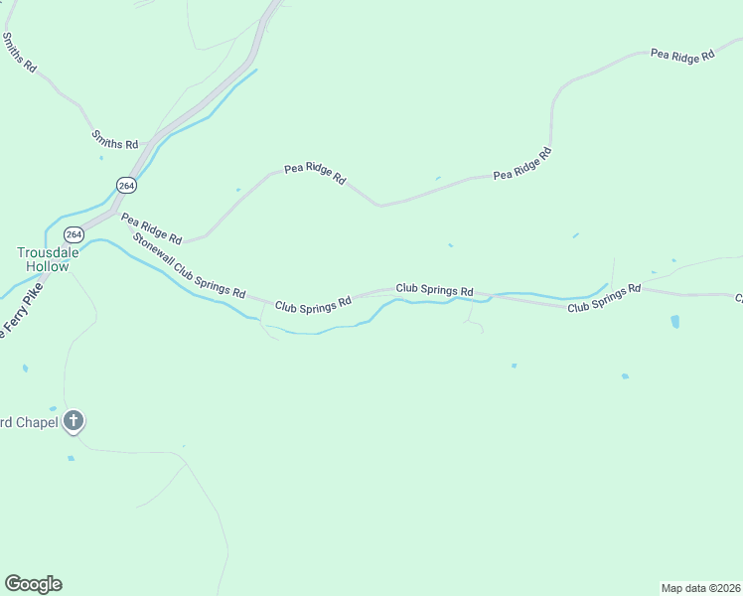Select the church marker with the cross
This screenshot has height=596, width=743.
[x=73, y=420]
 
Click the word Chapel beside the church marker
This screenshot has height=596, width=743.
[x=37, y=421]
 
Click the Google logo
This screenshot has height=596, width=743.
[x=33, y=584]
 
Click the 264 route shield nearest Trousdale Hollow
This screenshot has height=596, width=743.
[x=74, y=234]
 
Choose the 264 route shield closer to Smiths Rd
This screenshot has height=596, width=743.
[x=125, y=186]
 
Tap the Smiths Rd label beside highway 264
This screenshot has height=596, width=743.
[x=114, y=140]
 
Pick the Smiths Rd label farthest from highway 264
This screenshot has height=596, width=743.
[x=19, y=52]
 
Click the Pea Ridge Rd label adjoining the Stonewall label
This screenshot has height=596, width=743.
[x=151, y=228]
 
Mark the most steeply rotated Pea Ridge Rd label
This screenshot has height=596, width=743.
[x=522, y=164]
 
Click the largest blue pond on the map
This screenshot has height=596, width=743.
[x=675, y=322]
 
